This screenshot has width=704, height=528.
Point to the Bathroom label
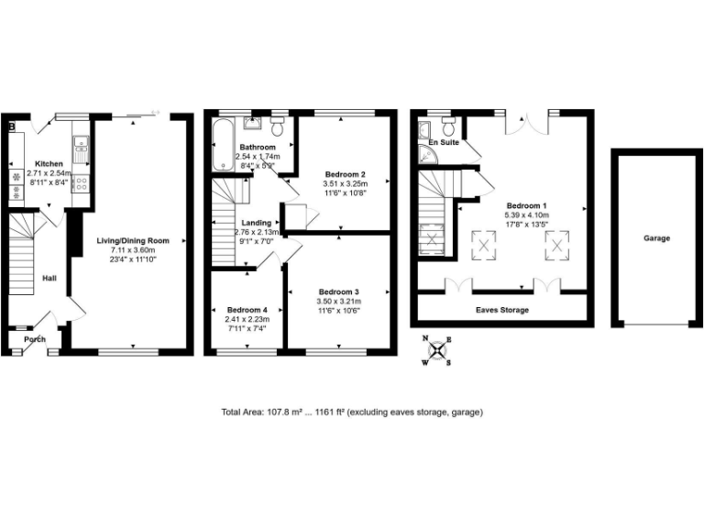[x=258, y=148]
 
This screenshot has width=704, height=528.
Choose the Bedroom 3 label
[x=336, y=291]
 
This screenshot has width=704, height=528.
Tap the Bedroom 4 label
[x=246, y=309]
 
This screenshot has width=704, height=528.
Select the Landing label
[x=256, y=223]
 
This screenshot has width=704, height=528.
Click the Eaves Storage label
[x=501, y=310]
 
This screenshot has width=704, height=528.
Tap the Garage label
[x=656, y=238]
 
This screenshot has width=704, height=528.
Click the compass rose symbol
[x=440, y=349]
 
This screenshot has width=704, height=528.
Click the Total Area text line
[x=352, y=412]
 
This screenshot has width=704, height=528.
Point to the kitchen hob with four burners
[x=80, y=182]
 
